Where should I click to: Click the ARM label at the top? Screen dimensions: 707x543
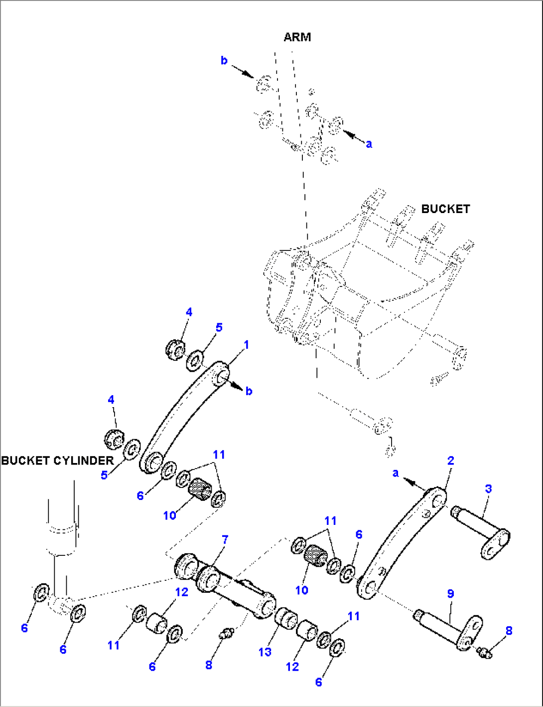pyautogui.click(x=297, y=37)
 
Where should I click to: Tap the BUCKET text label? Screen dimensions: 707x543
pyautogui.click(x=445, y=209)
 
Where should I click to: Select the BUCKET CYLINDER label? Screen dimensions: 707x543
pyautogui.click(x=57, y=460)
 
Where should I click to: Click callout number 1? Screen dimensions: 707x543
pyautogui.click(x=246, y=345)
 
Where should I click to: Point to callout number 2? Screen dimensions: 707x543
pyautogui.click(x=450, y=461)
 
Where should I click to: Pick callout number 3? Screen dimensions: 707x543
pyautogui.click(x=488, y=489)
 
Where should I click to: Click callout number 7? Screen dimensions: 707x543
pyautogui.click(x=225, y=540)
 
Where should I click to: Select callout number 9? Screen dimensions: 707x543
pyautogui.click(x=450, y=594)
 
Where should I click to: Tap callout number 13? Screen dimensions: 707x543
pyautogui.click(x=265, y=652)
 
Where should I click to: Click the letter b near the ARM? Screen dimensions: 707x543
pyautogui.click(x=224, y=60)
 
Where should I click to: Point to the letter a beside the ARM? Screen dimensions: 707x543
pyautogui.click(x=369, y=144)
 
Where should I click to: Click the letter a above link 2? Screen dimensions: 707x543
pyautogui.click(x=396, y=472)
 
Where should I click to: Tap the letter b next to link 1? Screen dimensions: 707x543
pyautogui.click(x=249, y=391)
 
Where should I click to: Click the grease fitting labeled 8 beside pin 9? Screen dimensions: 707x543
pyautogui.click(x=484, y=651)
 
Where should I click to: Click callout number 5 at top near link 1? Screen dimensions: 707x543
pyautogui.click(x=219, y=327)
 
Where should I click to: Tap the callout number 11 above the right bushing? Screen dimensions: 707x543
pyautogui.click(x=330, y=521)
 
